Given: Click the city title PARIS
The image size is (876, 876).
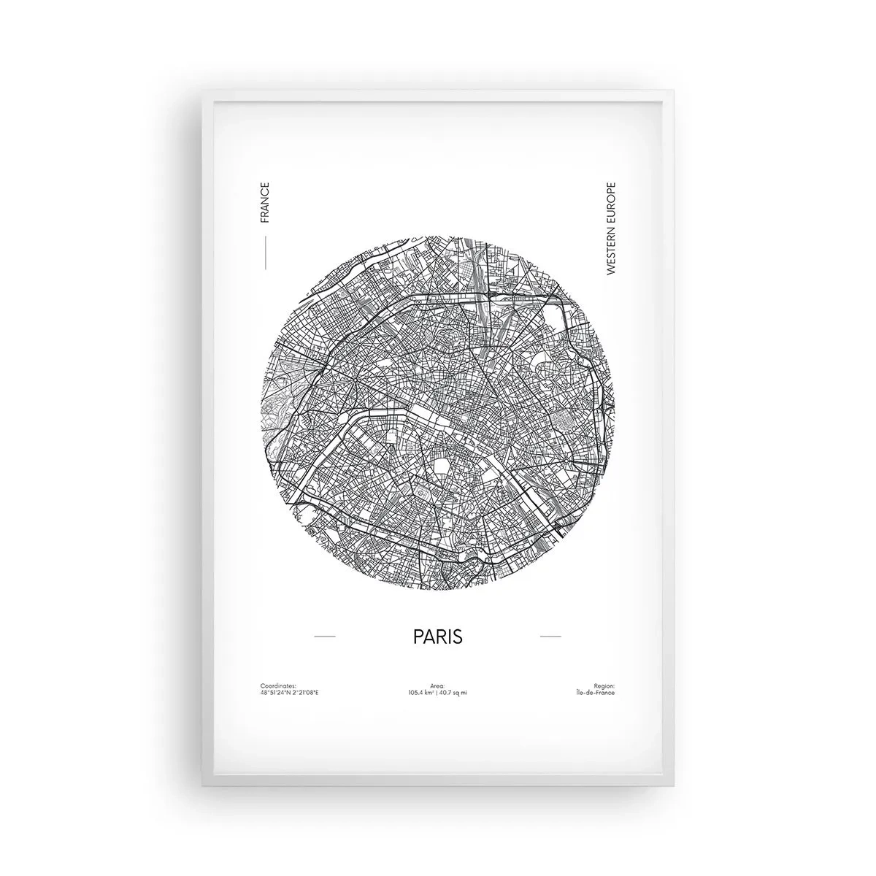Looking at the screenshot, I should click(438, 636).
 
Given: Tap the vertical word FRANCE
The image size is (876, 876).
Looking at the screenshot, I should click(264, 204).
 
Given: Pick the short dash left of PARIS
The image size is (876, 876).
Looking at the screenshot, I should click(324, 637).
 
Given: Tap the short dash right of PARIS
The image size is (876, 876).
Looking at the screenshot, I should click(550, 637).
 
